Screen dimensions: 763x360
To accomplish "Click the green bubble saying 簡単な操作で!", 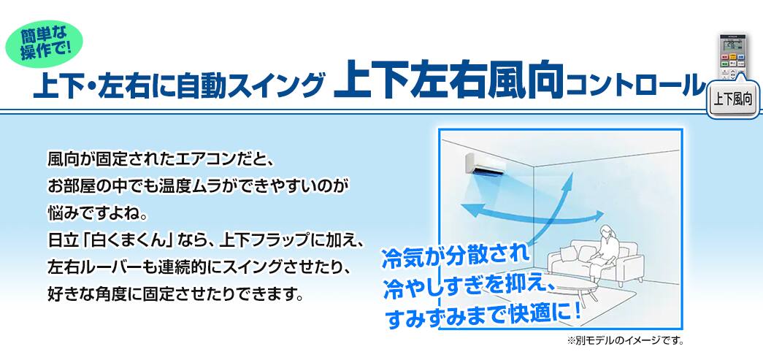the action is coord(44,44).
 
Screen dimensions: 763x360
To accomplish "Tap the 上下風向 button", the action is coord(733,99).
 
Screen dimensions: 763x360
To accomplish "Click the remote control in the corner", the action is coord(733,58).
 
